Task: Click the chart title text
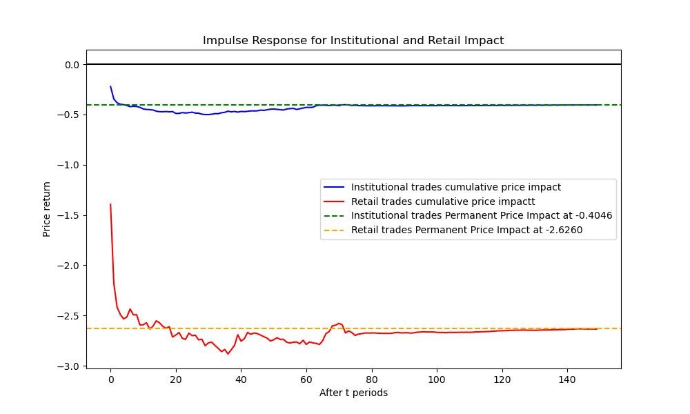click(353, 41)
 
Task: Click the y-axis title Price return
click(47, 209)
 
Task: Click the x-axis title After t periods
click(353, 393)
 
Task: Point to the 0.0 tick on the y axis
click(72, 65)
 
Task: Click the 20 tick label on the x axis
click(176, 379)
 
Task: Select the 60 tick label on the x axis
click(306, 379)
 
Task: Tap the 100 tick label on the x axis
click(437, 379)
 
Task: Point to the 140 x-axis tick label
click(567, 379)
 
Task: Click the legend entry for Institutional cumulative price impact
click(455, 187)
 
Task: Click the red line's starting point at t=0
click(110, 204)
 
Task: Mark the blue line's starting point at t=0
click(110, 87)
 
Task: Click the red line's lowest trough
click(228, 354)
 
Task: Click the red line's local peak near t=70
click(339, 323)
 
